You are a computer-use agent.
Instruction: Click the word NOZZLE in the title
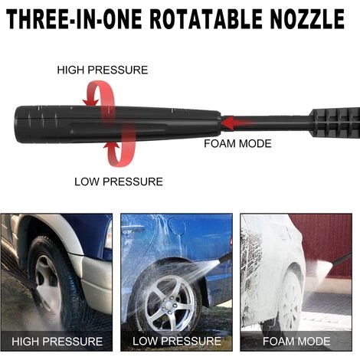tap(307, 19)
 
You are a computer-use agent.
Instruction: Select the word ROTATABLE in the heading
tap(206, 19)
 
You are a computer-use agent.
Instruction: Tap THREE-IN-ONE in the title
tap(74, 19)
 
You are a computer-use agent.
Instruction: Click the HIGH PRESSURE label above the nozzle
tap(103, 70)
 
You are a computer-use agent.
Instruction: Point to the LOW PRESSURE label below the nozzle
tap(119, 182)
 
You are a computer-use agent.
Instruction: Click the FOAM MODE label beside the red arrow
tap(237, 144)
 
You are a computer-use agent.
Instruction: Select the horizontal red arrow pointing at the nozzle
tap(237, 123)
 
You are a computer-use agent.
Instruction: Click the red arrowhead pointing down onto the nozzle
tap(91, 102)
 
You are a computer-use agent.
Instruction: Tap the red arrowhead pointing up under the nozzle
tap(111, 146)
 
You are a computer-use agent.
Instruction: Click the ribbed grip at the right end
tap(335, 123)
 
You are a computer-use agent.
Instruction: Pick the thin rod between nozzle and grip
tap(266, 123)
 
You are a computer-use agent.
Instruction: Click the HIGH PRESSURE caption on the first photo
tap(57, 342)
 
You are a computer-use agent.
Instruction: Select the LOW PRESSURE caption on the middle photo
tap(177, 341)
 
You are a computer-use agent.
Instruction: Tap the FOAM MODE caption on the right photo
tap(296, 342)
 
